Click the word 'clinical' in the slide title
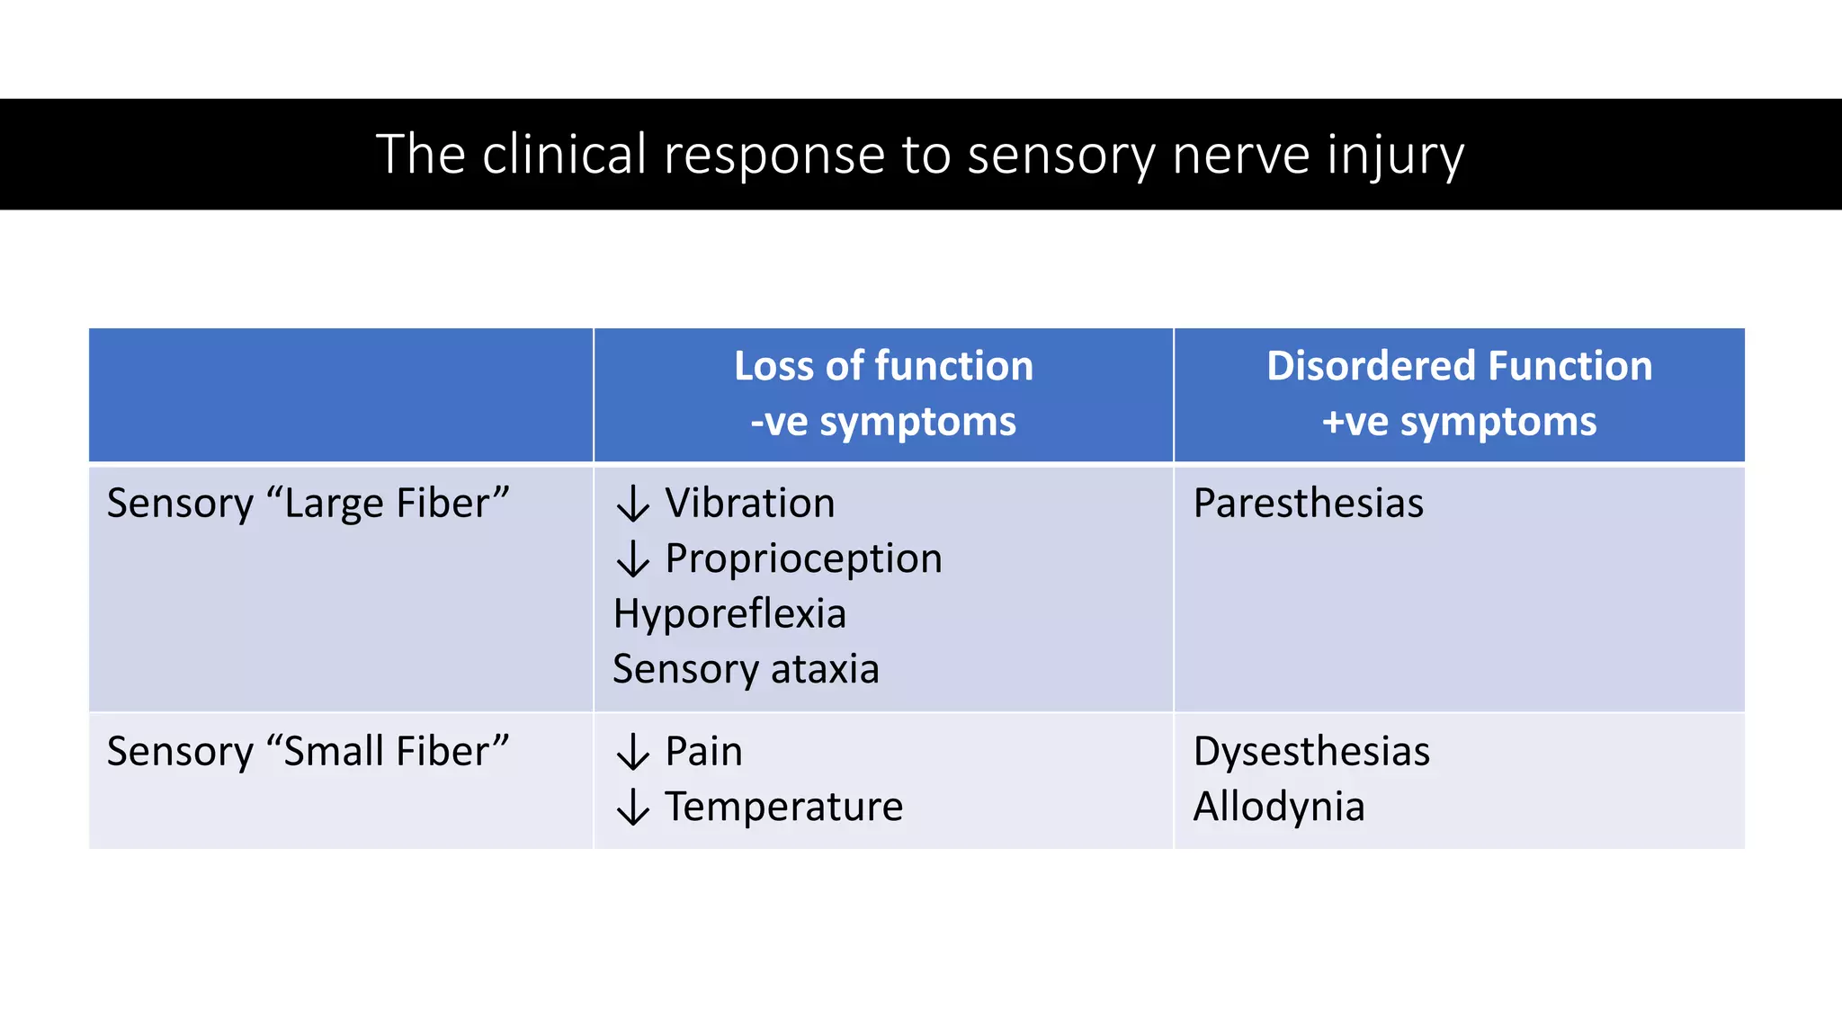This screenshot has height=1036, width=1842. (564, 155)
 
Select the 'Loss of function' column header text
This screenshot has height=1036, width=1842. (883, 366)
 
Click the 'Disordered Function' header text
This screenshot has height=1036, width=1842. (1459, 366)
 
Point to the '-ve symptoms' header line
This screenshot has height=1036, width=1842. (883, 422)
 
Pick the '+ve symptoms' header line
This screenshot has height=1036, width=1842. (1459, 422)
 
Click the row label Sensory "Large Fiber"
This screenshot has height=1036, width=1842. (308, 503)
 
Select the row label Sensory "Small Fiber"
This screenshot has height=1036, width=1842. (308, 751)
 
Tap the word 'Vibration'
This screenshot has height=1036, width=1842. (750, 503)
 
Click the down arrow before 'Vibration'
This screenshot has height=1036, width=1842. (633, 504)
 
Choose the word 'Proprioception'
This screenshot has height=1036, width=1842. (803, 558)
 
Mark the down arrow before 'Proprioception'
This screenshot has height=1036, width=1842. (633, 559)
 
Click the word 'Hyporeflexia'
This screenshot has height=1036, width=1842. (729, 614)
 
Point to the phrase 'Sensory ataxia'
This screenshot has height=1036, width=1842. (746, 669)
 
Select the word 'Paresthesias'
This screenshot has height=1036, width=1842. (1308, 503)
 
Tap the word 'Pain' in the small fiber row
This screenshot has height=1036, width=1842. (703, 751)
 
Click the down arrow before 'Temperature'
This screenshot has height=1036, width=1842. (633, 808)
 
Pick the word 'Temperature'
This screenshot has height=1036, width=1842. (783, 807)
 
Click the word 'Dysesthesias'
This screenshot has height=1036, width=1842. (1311, 751)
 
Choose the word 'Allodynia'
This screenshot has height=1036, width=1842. (1278, 807)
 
